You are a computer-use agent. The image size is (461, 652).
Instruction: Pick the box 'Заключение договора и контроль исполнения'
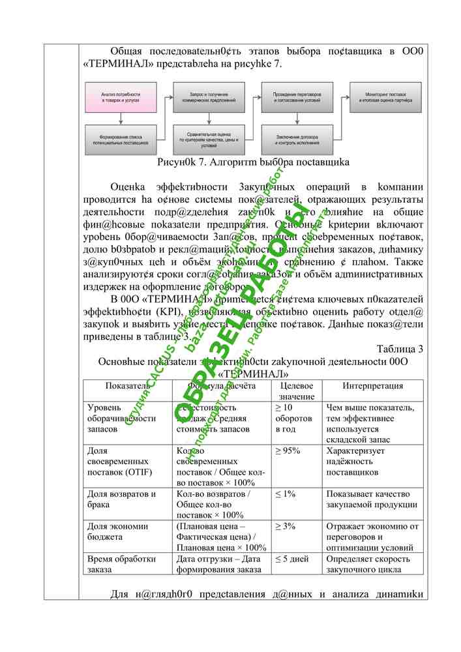[297, 139]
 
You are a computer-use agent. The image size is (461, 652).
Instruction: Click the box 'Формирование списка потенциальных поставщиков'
[121, 139]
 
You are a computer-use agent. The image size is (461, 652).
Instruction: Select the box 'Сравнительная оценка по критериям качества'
[208, 140]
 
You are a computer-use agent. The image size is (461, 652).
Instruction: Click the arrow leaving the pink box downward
[121, 121]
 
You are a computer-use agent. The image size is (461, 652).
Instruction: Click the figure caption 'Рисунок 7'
[254, 162]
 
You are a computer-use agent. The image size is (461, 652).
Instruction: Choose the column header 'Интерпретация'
[372, 386]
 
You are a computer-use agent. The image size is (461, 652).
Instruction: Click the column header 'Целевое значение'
[297, 391]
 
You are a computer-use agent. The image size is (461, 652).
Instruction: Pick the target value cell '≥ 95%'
[288, 451]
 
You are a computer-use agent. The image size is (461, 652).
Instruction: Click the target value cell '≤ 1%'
[286, 494]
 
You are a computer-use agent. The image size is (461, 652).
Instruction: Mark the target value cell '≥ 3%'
[286, 526]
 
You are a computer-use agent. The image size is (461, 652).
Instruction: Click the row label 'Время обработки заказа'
[121, 564]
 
